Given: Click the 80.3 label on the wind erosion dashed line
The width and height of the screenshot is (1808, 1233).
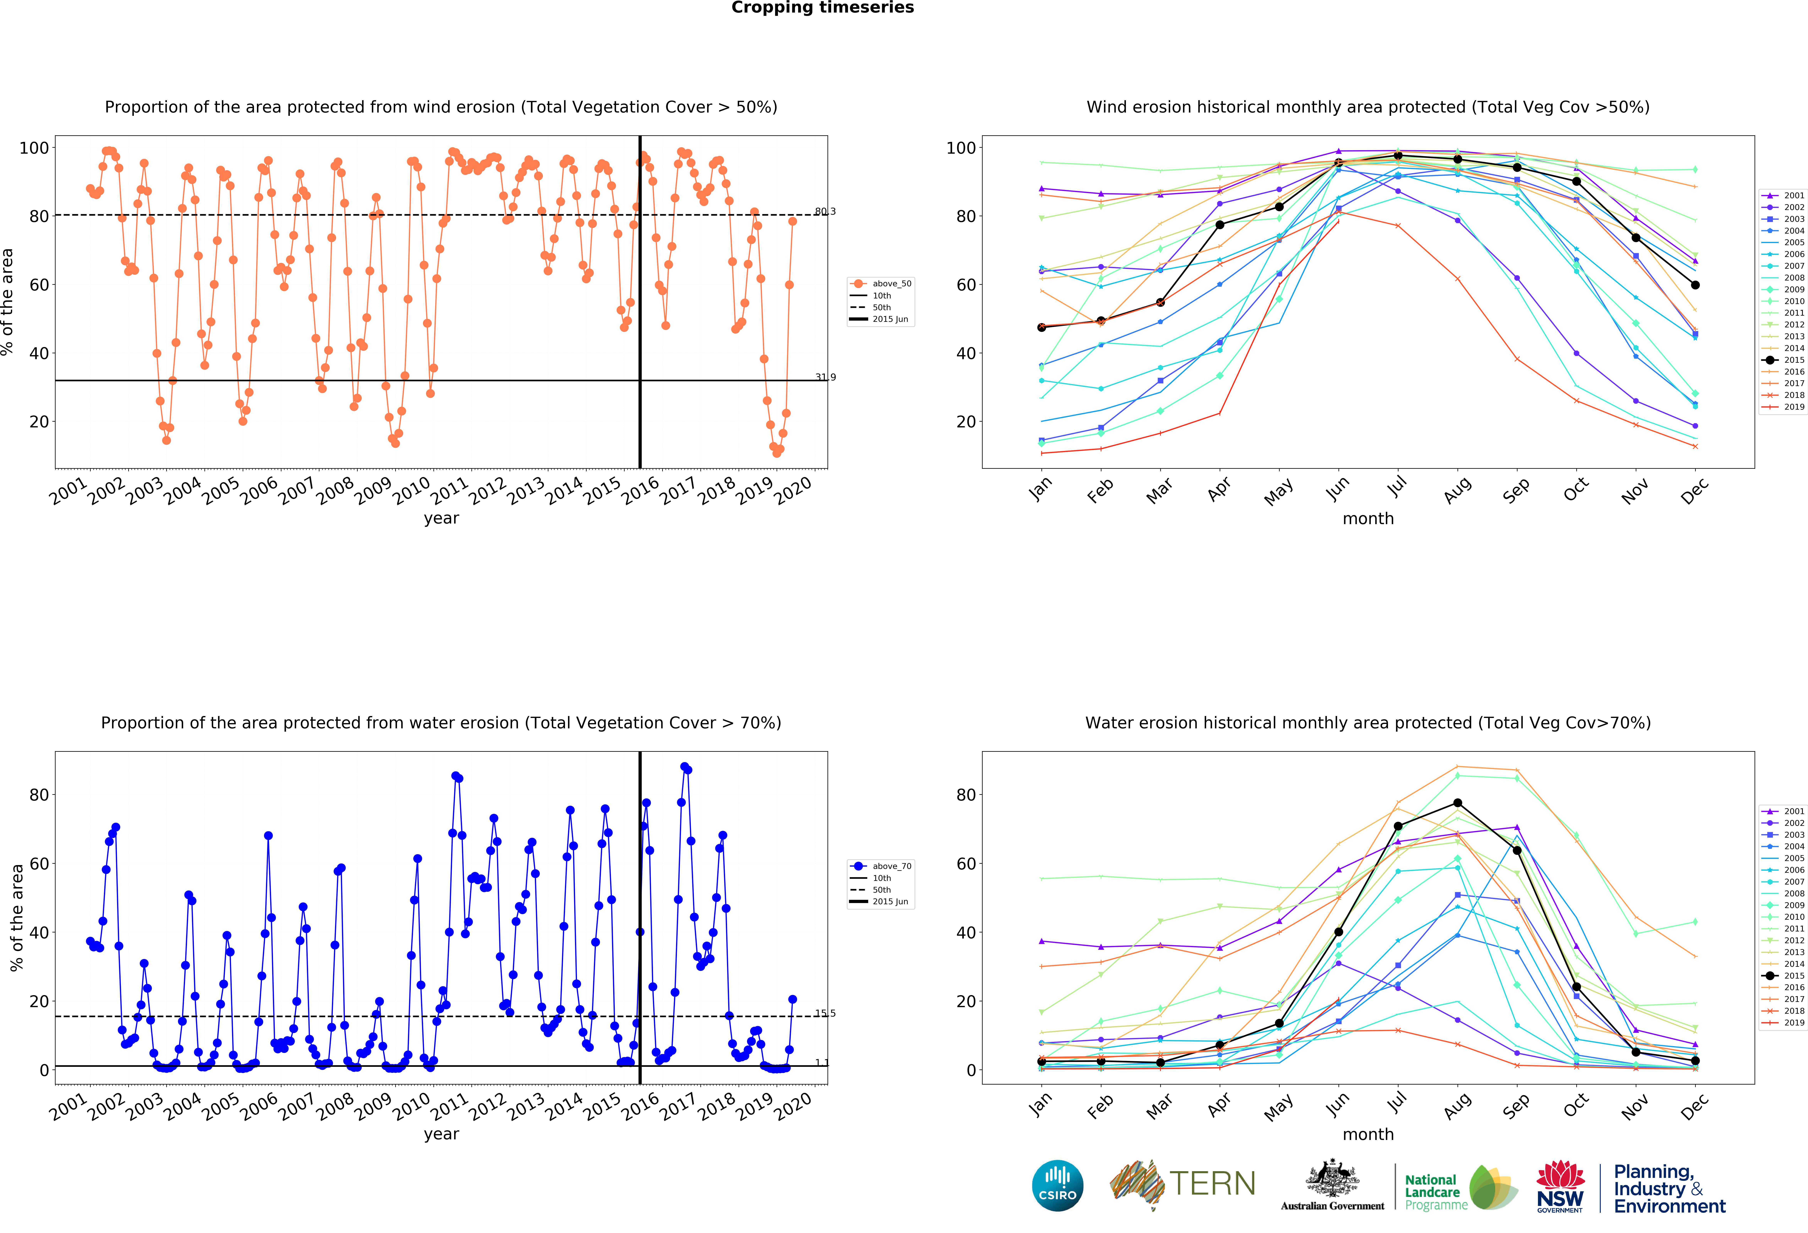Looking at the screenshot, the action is pyautogui.click(x=825, y=212).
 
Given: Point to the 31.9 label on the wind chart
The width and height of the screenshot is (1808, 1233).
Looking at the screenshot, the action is pyautogui.click(x=825, y=378).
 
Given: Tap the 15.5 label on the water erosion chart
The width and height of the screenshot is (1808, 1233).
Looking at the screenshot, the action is pyautogui.click(x=825, y=1014).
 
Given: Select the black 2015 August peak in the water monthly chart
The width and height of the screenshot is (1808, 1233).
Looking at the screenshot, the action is pyautogui.click(x=1457, y=803).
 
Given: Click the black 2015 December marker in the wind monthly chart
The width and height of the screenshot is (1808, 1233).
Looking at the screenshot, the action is pyautogui.click(x=1695, y=285).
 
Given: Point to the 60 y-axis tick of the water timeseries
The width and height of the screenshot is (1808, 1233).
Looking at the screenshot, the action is pyautogui.click(x=39, y=863).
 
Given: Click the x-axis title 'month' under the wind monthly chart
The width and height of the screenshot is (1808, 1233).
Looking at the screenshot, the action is pyautogui.click(x=1368, y=518).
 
